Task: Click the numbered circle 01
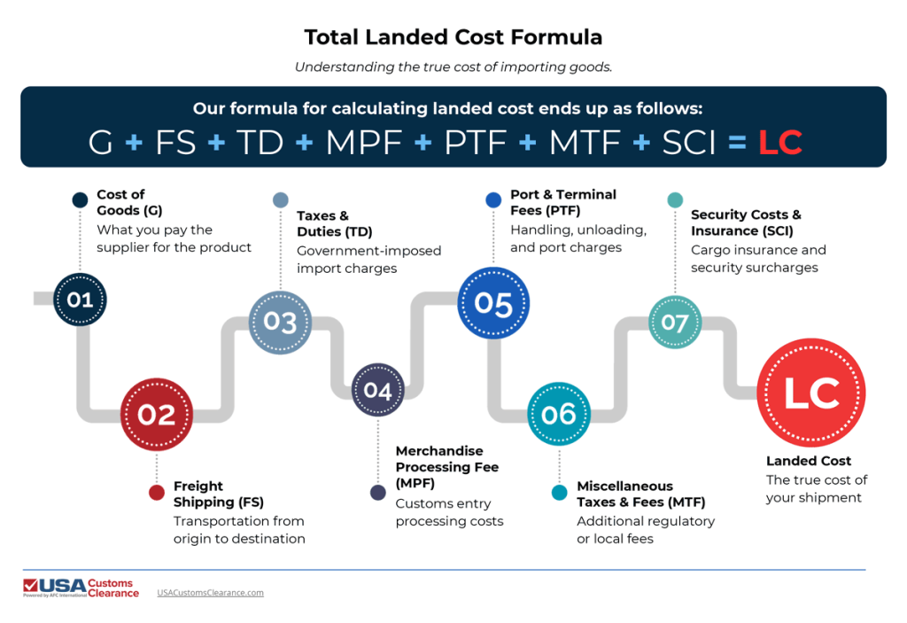tap(80, 300)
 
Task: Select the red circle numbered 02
tap(157, 414)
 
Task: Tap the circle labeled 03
tap(280, 321)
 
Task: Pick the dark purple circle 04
tap(377, 390)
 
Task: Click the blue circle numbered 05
tap(493, 304)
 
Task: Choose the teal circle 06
tap(558, 414)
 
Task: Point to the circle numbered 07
tap(675, 322)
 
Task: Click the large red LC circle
tap(811, 393)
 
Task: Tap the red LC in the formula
tap(780, 142)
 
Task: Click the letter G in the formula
tap(101, 142)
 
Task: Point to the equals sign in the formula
tap(736, 142)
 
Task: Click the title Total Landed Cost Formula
tap(453, 37)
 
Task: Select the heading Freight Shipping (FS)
tap(219, 494)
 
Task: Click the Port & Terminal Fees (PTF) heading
tap(563, 202)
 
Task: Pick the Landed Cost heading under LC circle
tap(809, 461)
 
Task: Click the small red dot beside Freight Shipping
tap(157, 493)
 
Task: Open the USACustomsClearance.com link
tap(210, 592)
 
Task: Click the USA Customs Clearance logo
tap(81, 588)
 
